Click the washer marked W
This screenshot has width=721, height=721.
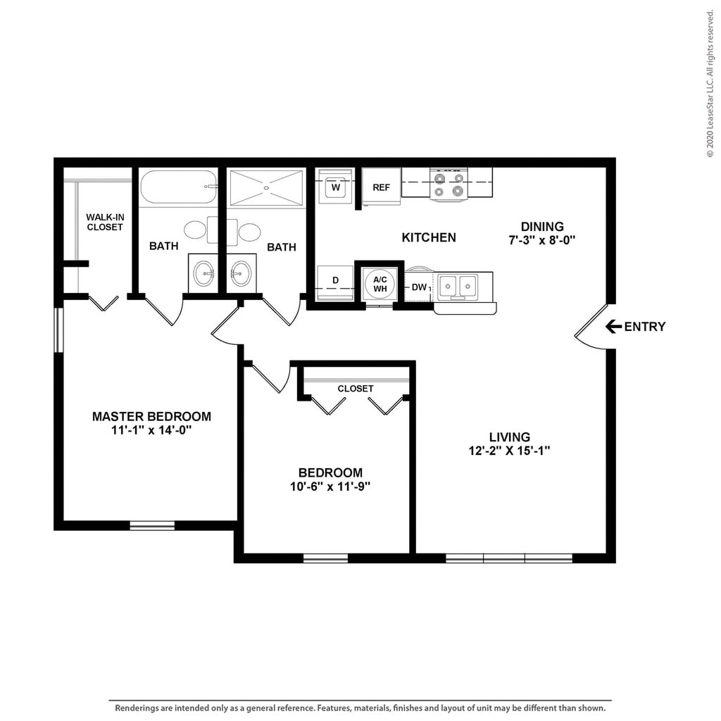(336, 187)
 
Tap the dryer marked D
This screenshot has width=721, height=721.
(336, 283)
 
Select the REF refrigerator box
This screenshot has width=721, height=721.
(381, 187)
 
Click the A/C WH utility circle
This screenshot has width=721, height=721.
(380, 284)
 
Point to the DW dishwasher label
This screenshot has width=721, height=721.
(419, 287)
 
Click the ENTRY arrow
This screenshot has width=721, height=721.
(613, 327)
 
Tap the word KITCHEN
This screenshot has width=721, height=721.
(429, 237)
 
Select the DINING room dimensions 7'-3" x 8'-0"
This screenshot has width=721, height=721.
(542, 240)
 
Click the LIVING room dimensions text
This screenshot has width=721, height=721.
(510, 451)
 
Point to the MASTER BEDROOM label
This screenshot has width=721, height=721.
(152, 417)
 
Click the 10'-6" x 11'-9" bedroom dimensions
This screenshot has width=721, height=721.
(330, 487)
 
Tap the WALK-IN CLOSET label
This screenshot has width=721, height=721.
(105, 222)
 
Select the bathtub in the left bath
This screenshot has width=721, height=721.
(178, 187)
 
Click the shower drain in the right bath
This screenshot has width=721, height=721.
(266, 187)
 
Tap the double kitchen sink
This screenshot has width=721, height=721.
(458, 286)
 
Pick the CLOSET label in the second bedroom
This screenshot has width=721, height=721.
(356, 389)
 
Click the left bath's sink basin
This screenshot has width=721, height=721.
(203, 273)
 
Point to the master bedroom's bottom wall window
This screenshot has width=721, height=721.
(152, 525)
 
